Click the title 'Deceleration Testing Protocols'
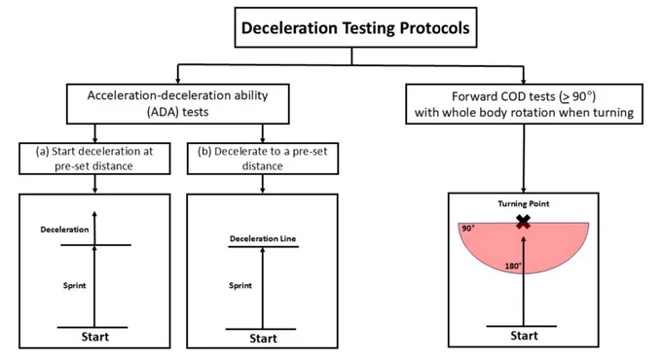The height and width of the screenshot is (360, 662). click(x=355, y=28)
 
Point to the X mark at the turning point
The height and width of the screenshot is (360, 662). click(x=524, y=222)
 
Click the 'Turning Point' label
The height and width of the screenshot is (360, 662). click(x=524, y=204)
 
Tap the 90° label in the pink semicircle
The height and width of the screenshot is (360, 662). click(x=468, y=229)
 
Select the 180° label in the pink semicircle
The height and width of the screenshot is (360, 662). click(x=513, y=267)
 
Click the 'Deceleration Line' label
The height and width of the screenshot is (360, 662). click(x=263, y=238)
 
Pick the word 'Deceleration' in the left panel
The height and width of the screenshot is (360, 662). click(x=64, y=230)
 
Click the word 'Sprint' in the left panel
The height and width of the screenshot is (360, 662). click(x=74, y=286)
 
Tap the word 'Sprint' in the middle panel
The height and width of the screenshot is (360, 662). click(x=240, y=286)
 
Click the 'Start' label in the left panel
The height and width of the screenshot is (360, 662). click(x=95, y=337)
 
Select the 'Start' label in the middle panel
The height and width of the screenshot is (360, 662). click(x=263, y=339)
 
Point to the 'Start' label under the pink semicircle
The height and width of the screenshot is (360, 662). click(x=524, y=336)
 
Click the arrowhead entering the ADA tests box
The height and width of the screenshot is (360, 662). click(x=178, y=80)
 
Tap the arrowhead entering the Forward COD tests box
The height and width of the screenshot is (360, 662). click(x=524, y=80)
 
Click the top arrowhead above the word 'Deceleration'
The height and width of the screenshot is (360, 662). click(x=94, y=214)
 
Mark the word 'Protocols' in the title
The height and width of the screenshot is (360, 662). click(x=434, y=28)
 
